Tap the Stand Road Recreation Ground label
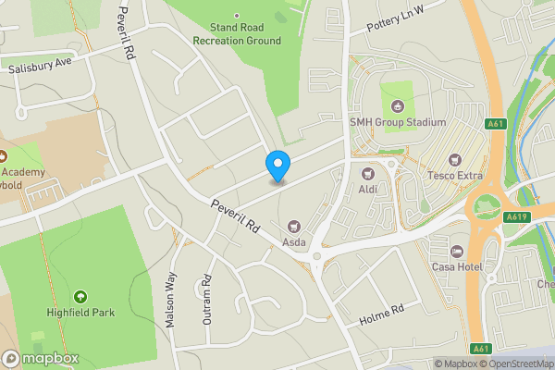click(236, 34)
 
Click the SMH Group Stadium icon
click(398, 105)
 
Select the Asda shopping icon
click(294, 225)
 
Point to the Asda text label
click(294, 240)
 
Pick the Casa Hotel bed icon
click(455, 252)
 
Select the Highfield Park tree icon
click(80, 297)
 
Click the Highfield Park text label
click(80, 313)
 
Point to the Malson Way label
click(170, 295)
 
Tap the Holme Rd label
click(382, 314)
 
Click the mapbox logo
click(41, 358)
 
